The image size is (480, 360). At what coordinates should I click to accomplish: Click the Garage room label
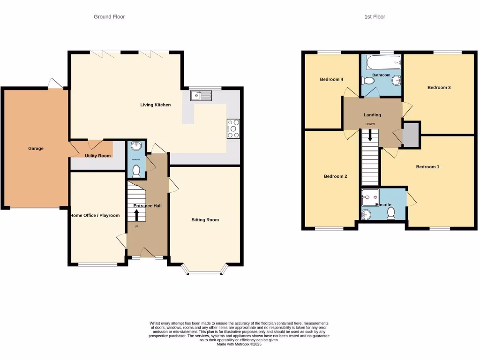click(x=36, y=149)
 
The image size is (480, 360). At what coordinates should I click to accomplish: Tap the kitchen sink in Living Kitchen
click(x=202, y=96)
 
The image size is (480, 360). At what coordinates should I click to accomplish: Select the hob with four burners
click(x=233, y=129)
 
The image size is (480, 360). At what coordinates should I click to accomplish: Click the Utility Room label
click(x=97, y=156)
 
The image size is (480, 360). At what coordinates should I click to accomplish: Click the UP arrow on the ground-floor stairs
click(x=137, y=215)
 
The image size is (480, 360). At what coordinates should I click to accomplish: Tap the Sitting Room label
click(x=205, y=219)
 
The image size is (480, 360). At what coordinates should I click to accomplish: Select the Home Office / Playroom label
click(x=95, y=216)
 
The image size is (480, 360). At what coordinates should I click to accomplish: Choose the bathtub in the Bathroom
click(x=383, y=62)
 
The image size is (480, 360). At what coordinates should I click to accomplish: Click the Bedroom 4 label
click(x=331, y=79)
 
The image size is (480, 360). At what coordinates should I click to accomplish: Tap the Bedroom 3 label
click(x=439, y=87)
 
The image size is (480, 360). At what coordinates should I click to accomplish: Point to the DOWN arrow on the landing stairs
click(x=370, y=135)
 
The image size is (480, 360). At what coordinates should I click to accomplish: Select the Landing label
click(x=372, y=115)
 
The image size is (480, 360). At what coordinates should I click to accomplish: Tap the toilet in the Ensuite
click(x=391, y=213)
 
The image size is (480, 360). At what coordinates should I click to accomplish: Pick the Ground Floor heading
click(x=109, y=17)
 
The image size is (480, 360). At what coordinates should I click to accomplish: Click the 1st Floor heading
click(x=375, y=17)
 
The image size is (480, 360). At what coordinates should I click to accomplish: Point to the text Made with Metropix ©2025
click(x=240, y=344)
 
